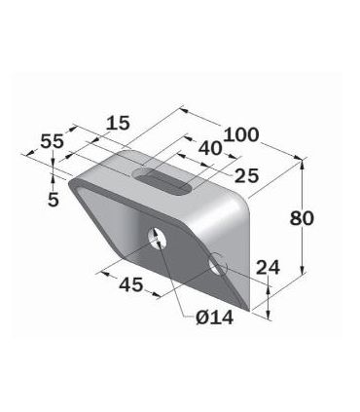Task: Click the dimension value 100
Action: (x=241, y=134)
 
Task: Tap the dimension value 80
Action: (x=302, y=218)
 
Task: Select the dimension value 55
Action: (x=52, y=141)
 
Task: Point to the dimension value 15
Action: (x=118, y=123)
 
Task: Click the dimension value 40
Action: (x=210, y=149)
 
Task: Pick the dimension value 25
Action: (x=247, y=175)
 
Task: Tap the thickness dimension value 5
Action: (x=54, y=199)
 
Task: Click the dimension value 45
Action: (x=131, y=284)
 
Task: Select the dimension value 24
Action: (x=268, y=268)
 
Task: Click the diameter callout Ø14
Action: (x=215, y=318)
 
